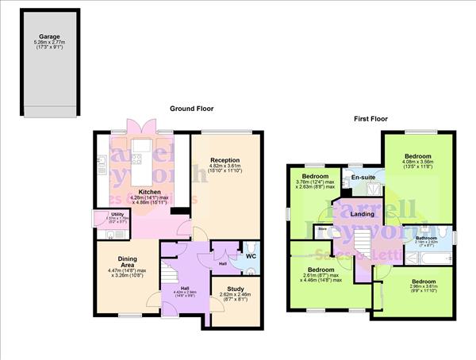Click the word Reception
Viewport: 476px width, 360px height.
[x=225, y=160]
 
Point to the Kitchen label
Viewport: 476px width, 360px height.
[x=151, y=191]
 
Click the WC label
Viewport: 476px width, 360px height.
[x=249, y=256]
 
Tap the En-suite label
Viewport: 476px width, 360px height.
[x=363, y=177]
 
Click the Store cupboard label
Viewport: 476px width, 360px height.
[x=322, y=231]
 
